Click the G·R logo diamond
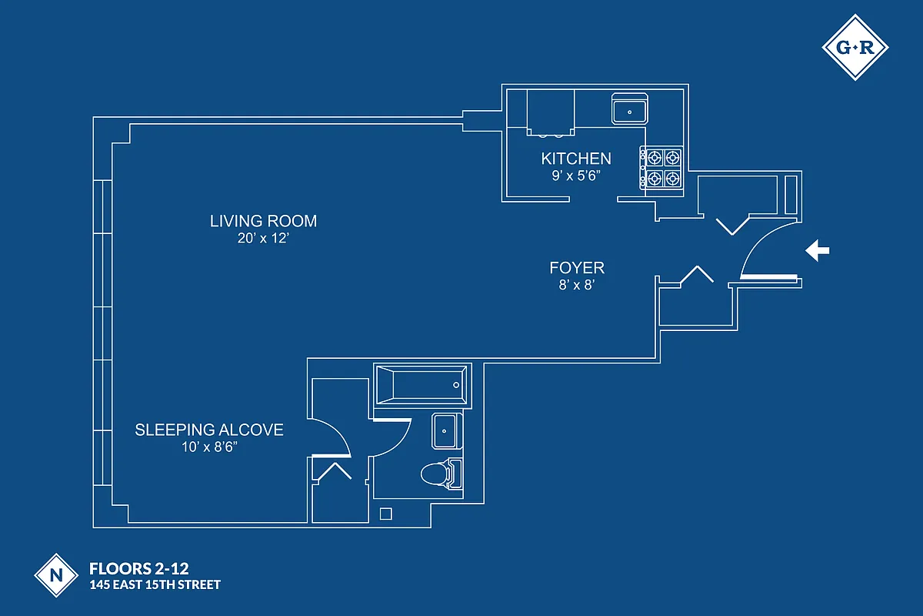click(x=855, y=47)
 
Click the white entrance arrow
click(x=817, y=250)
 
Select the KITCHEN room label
click(x=576, y=159)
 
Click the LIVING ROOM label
click(x=263, y=221)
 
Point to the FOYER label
click(x=577, y=268)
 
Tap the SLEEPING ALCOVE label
click(x=209, y=430)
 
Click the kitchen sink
click(x=630, y=109)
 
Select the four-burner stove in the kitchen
click(x=662, y=168)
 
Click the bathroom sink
click(x=445, y=430)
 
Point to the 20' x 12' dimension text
click(x=263, y=239)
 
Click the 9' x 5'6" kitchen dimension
click(x=576, y=176)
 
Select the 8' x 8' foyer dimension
click(x=577, y=285)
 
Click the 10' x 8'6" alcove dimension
click(x=209, y=447)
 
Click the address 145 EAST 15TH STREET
click(x=155, y=585)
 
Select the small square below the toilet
click(x=387, y=513)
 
